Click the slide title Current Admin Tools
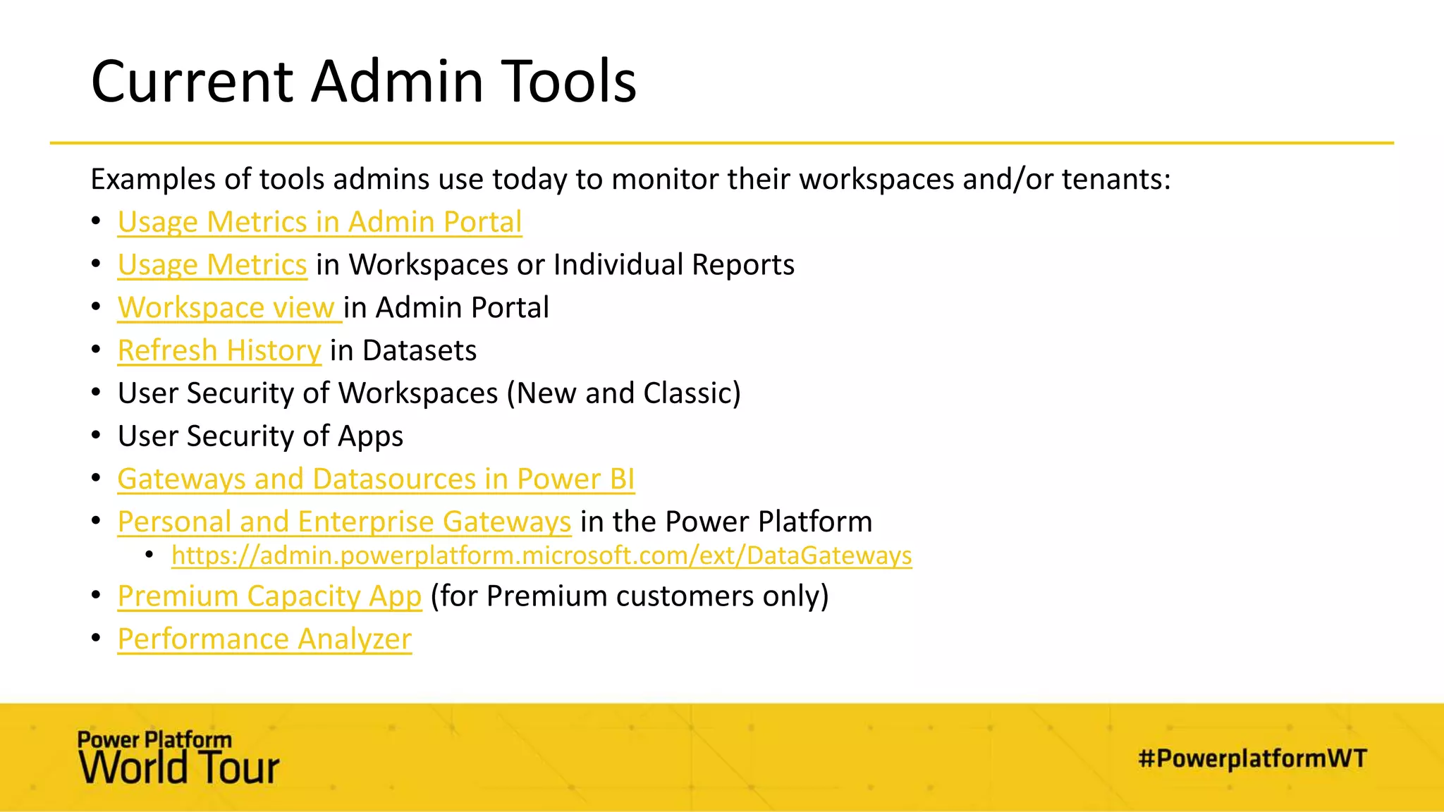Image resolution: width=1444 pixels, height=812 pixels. [363, 82]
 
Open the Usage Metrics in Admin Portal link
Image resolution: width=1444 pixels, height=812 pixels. [319, 222]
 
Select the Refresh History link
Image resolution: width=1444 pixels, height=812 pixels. [219, 351]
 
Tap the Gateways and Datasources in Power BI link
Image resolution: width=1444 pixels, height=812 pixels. [376, 479]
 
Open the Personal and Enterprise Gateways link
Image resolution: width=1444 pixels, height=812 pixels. [344, 522]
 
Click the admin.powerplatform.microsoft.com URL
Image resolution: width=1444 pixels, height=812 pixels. [541, 555]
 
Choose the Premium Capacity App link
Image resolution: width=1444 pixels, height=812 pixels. [269, 596]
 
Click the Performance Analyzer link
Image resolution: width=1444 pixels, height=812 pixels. [264, 639]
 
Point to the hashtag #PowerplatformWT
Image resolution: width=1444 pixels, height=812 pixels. [1252, 758]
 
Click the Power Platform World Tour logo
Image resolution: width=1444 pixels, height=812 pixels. [178, 758]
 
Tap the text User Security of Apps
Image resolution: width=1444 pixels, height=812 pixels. [260, 436]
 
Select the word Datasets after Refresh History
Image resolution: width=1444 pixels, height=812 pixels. [420, 351]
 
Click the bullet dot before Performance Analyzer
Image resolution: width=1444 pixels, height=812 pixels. [97, 639]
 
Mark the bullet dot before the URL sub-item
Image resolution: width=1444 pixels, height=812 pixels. [149, 555]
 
